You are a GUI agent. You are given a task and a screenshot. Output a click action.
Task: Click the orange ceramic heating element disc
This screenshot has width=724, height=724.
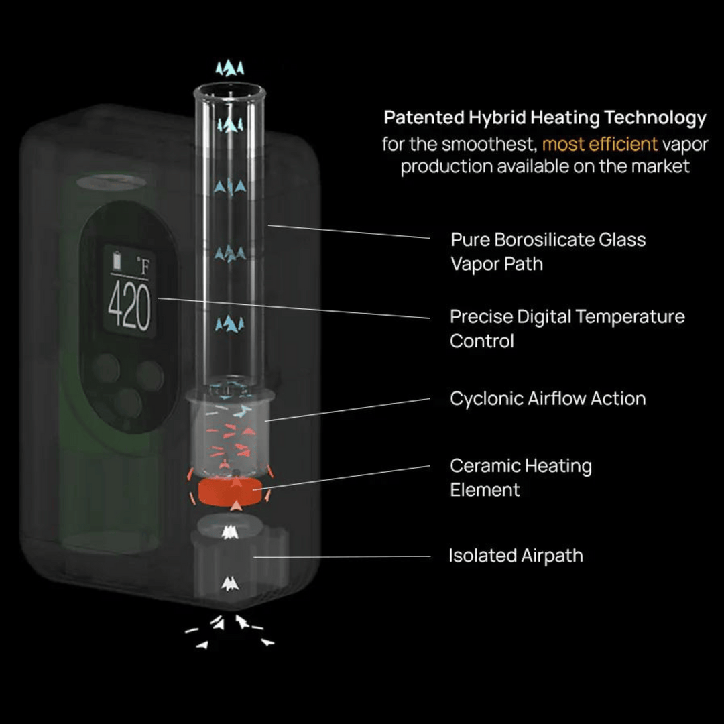pyautogui.click(x=230, y=491)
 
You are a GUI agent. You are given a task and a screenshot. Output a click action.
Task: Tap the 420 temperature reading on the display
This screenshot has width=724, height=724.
pyautogui.click(x=129, y=307)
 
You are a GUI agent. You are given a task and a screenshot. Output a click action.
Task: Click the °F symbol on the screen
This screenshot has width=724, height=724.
pyautogui.click(x=142, y=267)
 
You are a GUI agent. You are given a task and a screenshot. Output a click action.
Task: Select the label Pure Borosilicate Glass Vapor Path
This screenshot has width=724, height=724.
pyautogui.click(x=547, y=251)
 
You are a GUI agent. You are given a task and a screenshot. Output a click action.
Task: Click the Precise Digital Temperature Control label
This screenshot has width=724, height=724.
pyautogui.click(x=566, y=328)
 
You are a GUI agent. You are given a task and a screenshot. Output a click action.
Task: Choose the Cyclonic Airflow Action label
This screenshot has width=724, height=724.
pyautogui.click(x=547, y=398)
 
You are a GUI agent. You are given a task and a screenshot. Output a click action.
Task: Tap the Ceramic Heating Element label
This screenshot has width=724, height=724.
pyautogui.click(x=520, y=477)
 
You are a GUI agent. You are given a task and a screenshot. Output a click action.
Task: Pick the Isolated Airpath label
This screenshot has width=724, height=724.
pyautogui.click(x=516, y=556)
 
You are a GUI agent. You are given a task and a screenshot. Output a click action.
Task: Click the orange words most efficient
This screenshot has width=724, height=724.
pyautogui.click(x=599, y=143)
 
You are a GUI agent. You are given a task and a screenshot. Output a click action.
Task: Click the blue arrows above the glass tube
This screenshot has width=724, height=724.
pyautogui.click(x=230, y=68)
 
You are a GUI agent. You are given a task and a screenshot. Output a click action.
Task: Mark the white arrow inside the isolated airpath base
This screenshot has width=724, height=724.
pyautogui.click(x=229, y=583)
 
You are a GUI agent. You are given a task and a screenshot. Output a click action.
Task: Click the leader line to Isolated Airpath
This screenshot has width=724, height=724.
pyautogui.click(x=342, y=556)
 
